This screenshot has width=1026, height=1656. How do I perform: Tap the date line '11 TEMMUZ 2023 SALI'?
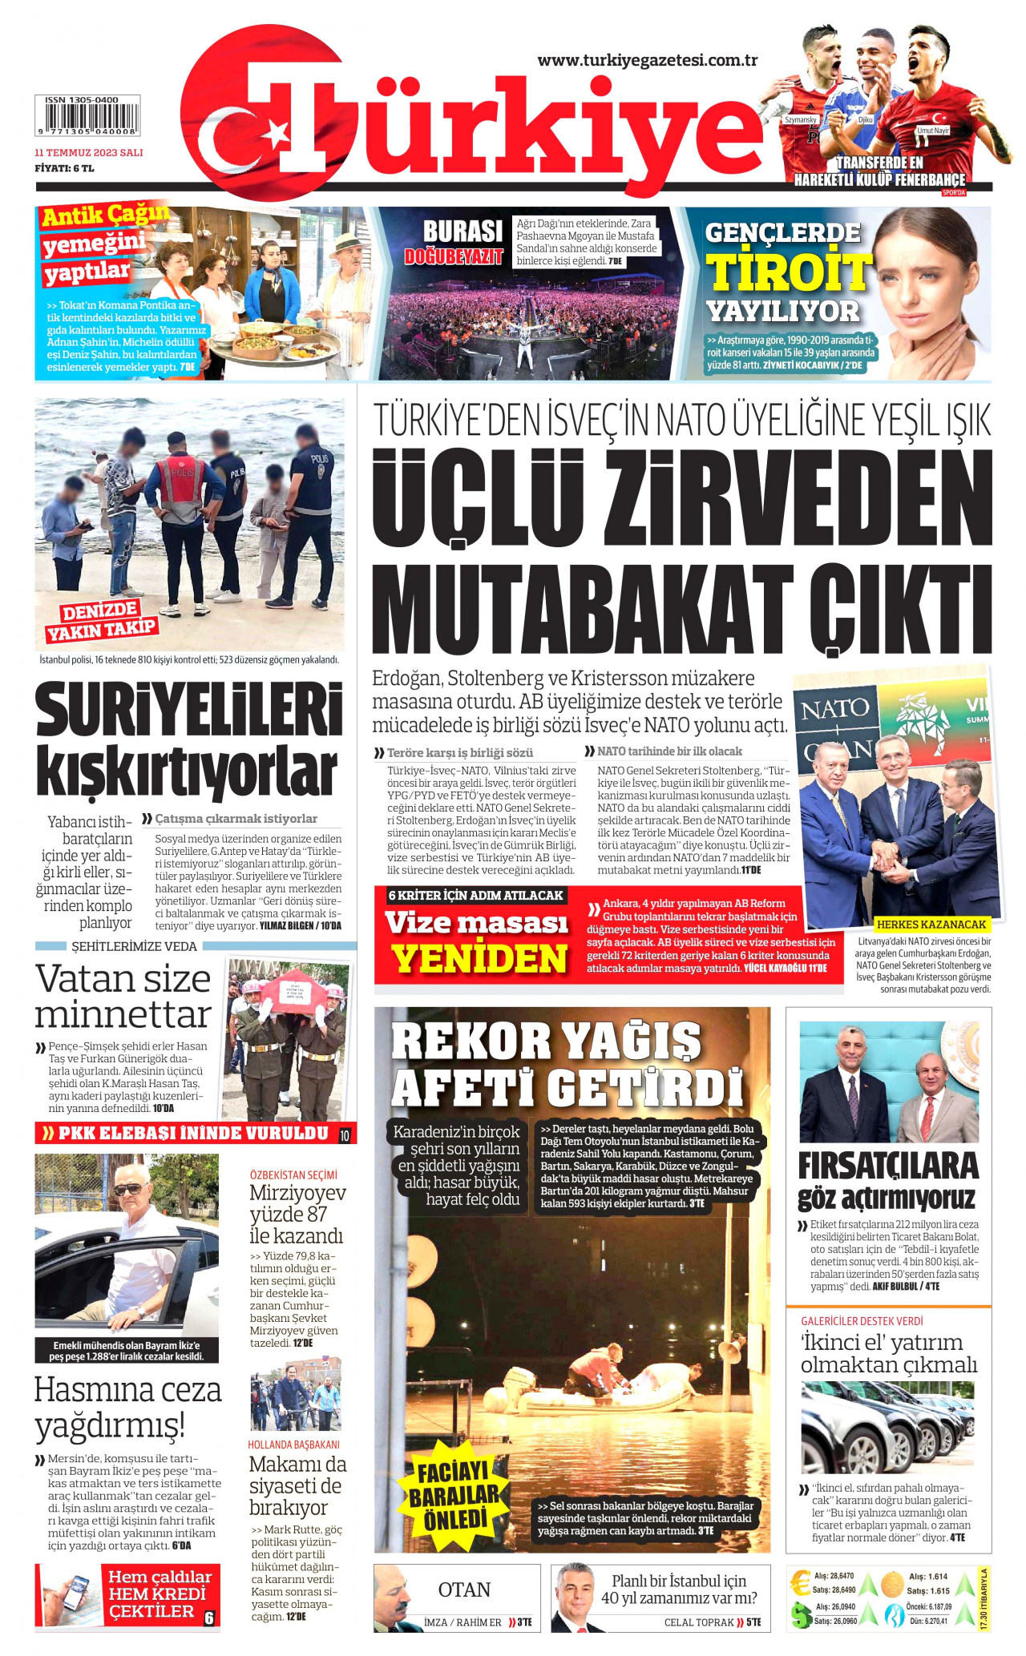click(89, 152)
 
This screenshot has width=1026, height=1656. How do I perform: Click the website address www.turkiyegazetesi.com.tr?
click(647, 60)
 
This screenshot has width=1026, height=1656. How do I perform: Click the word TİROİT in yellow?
click(789, 272)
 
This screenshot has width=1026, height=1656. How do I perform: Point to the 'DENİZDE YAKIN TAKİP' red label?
click(101, 620)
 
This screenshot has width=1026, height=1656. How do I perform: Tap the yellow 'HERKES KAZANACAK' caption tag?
click(931, 924)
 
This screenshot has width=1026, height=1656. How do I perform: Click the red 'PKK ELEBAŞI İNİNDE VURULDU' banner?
click(192, 1133)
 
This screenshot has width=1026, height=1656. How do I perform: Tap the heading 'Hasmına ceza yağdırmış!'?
click(127, 1406)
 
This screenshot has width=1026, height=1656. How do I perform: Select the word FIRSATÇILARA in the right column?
click(888, 1166)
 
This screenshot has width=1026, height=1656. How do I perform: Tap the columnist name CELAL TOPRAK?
click(697, 1622)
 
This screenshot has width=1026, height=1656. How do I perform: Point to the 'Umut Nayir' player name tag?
click(933, 130)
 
